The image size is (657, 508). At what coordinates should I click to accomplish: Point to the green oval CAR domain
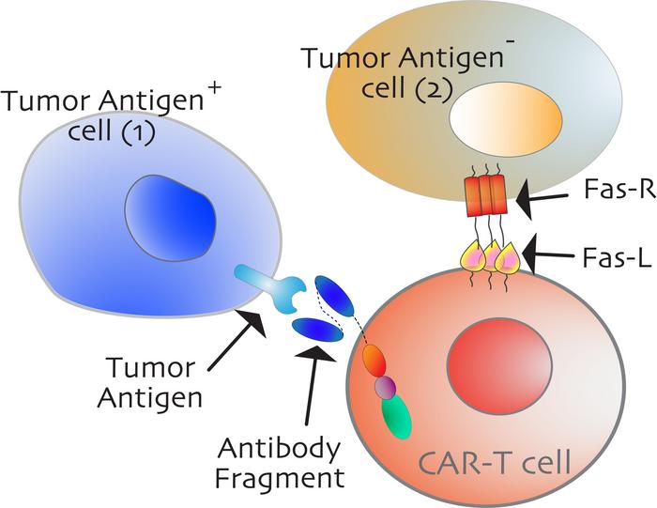[397, 417]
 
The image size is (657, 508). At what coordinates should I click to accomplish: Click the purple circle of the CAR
[384, 387]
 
